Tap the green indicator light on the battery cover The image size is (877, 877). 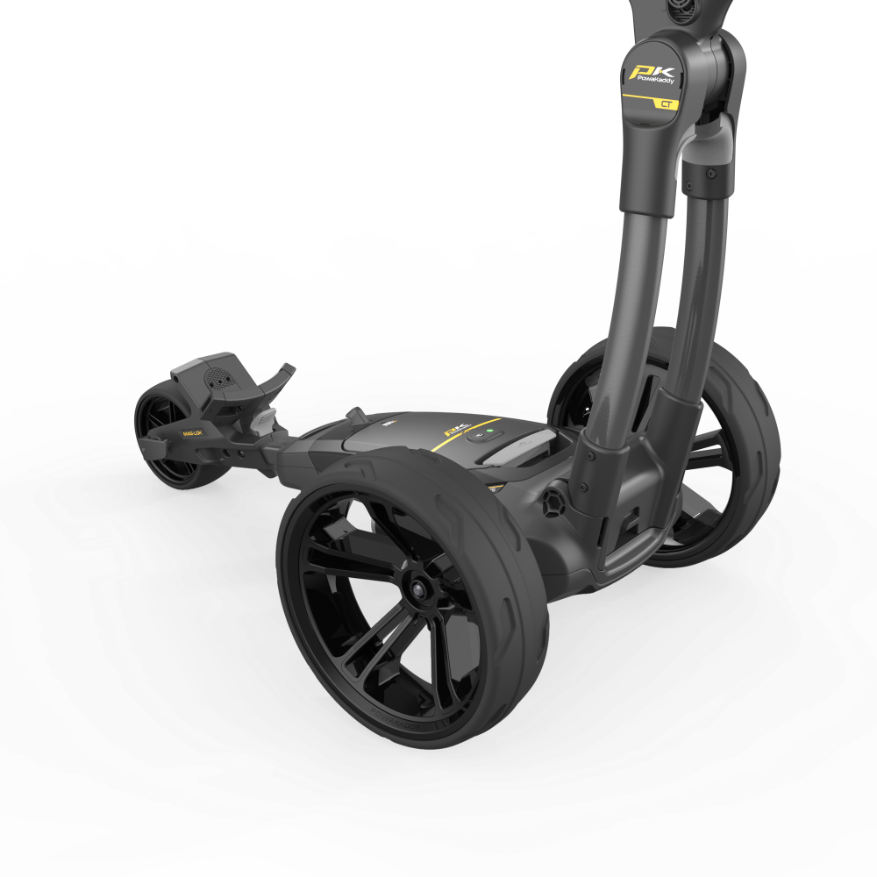[481, 432]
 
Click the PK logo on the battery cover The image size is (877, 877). [453, 431]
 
